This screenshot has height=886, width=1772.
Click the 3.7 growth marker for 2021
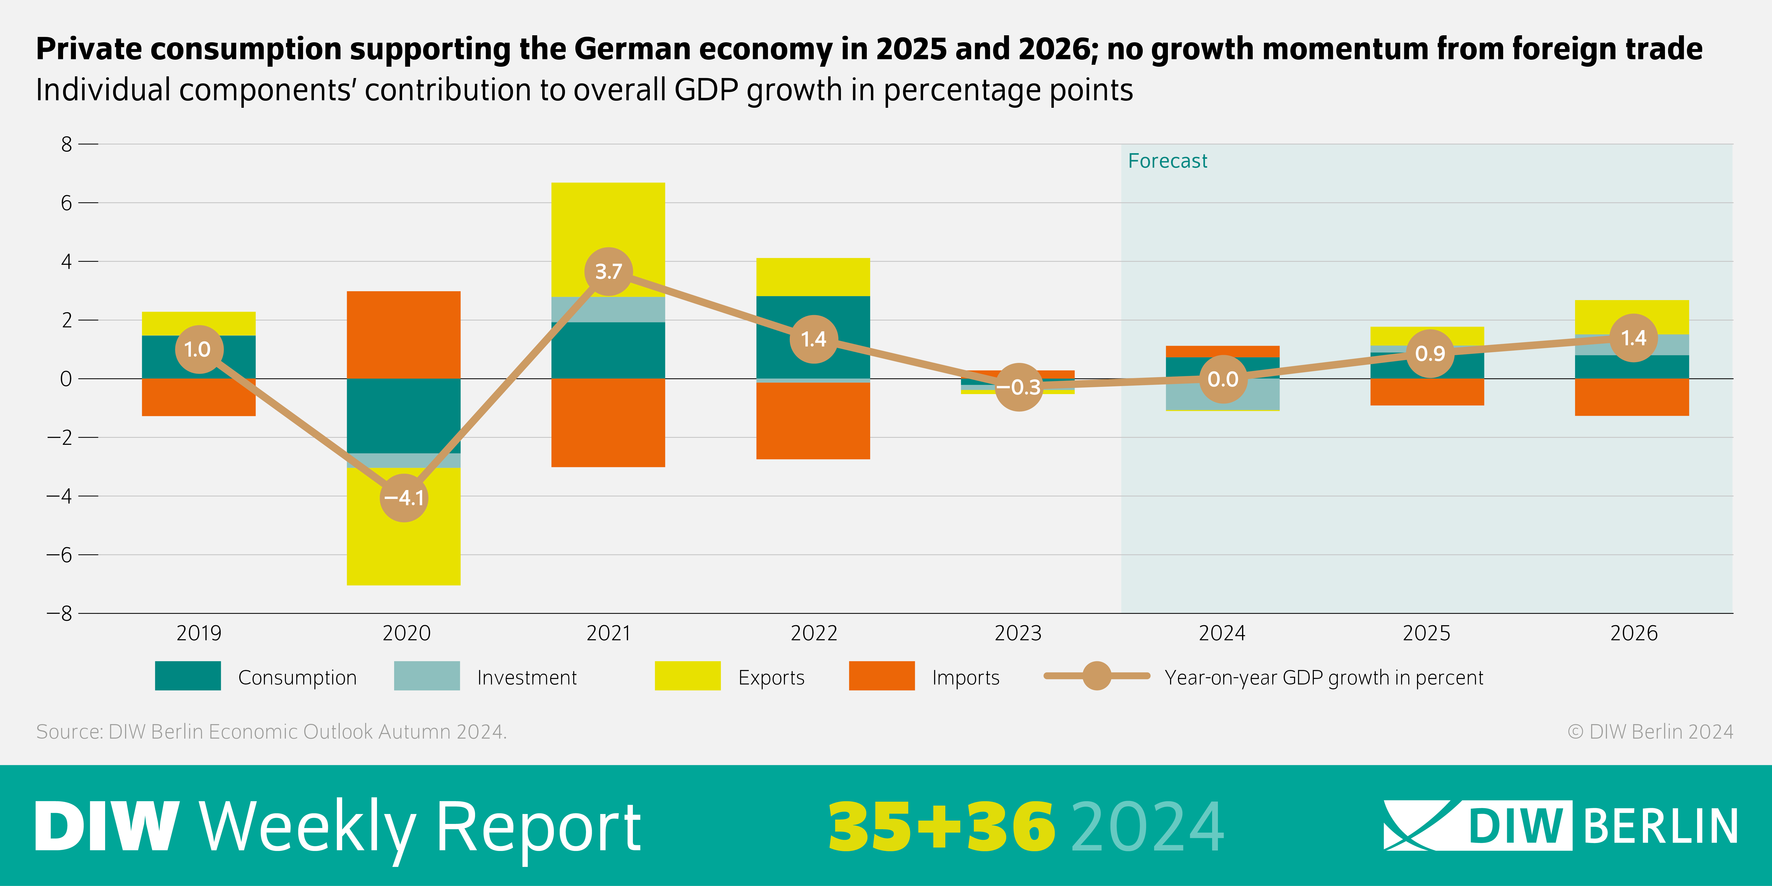coord(608,272)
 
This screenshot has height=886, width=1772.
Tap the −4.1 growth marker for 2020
coord(404,497)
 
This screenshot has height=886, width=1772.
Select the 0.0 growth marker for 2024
coord(1222,379)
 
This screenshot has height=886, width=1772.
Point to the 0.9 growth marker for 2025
coord(1429,353)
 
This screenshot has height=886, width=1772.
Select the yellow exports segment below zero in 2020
coord(404,543)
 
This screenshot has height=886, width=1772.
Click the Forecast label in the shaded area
coord(1167,161)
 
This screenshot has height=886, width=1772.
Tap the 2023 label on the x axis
coord(1018,633)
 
